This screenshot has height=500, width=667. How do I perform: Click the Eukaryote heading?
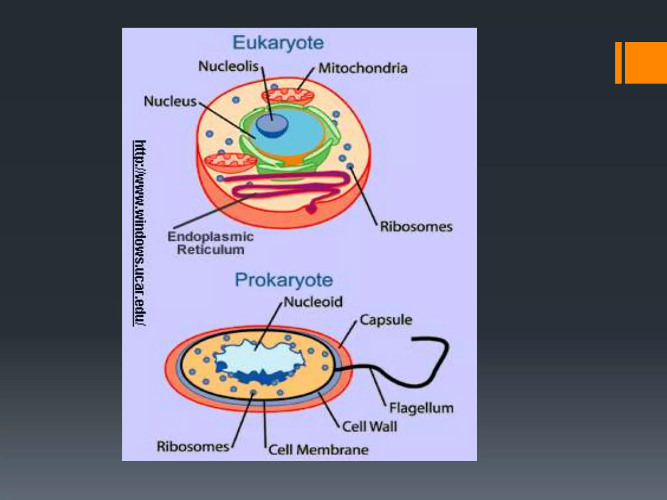point(278,43)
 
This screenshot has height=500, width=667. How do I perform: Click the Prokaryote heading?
point(284,280)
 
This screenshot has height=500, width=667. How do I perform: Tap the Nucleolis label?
point(228,66)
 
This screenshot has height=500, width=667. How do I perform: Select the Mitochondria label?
point(363,68)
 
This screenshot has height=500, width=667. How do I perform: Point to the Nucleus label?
point(170,101)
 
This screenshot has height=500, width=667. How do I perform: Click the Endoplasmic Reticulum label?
point(210,243)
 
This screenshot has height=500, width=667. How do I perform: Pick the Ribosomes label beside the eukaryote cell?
point(416,227)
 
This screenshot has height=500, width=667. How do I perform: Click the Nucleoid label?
point(313,302)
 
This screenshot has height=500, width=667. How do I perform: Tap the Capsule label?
point(386,320)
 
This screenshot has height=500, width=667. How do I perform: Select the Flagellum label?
point(421,408)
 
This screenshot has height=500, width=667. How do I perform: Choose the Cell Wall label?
point(370,426)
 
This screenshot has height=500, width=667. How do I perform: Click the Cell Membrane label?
point(318,450)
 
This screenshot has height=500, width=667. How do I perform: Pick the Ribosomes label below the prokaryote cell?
point(193,446)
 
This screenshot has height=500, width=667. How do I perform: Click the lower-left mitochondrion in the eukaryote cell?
point(230,163)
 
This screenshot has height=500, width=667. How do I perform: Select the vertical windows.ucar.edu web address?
point(140,233)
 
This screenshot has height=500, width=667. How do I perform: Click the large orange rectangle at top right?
point(646,62)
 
